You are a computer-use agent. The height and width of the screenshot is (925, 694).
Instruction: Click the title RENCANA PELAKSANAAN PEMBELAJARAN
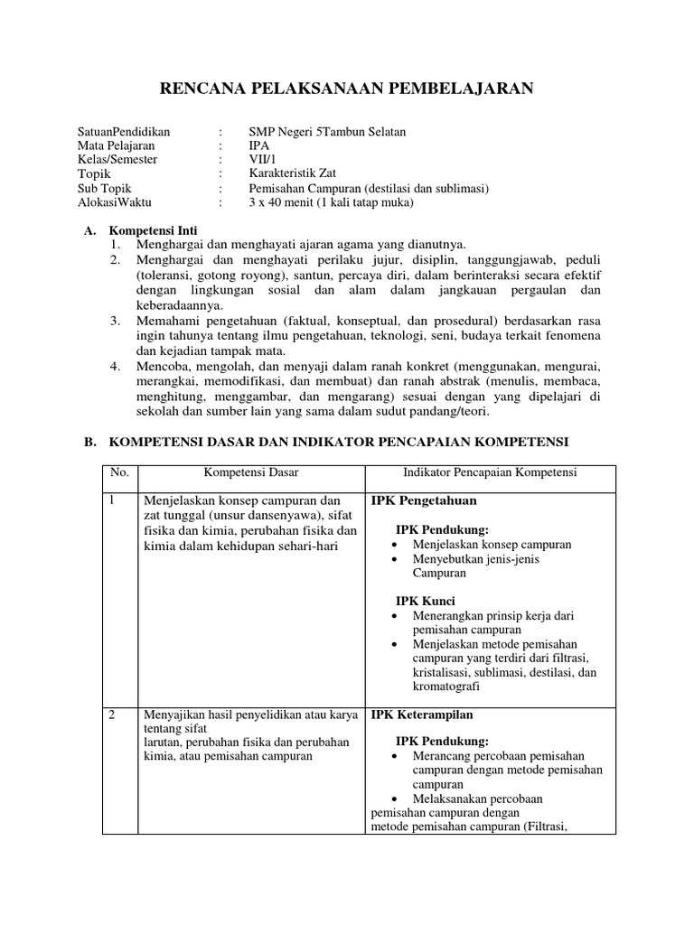346,88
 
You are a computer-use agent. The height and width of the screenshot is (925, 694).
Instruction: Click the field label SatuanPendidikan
124,131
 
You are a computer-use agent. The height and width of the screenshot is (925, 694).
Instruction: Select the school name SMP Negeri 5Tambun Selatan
327,131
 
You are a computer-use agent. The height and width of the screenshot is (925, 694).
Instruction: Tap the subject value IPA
258,145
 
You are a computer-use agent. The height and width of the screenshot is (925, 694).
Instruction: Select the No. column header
120,472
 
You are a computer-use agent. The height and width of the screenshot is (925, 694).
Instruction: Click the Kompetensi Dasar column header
250,472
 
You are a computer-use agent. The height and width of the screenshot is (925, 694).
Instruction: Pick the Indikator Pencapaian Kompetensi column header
489,472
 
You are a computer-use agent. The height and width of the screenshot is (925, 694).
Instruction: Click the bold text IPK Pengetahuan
424,500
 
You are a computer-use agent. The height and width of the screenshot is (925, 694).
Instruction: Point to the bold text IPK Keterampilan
426,715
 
